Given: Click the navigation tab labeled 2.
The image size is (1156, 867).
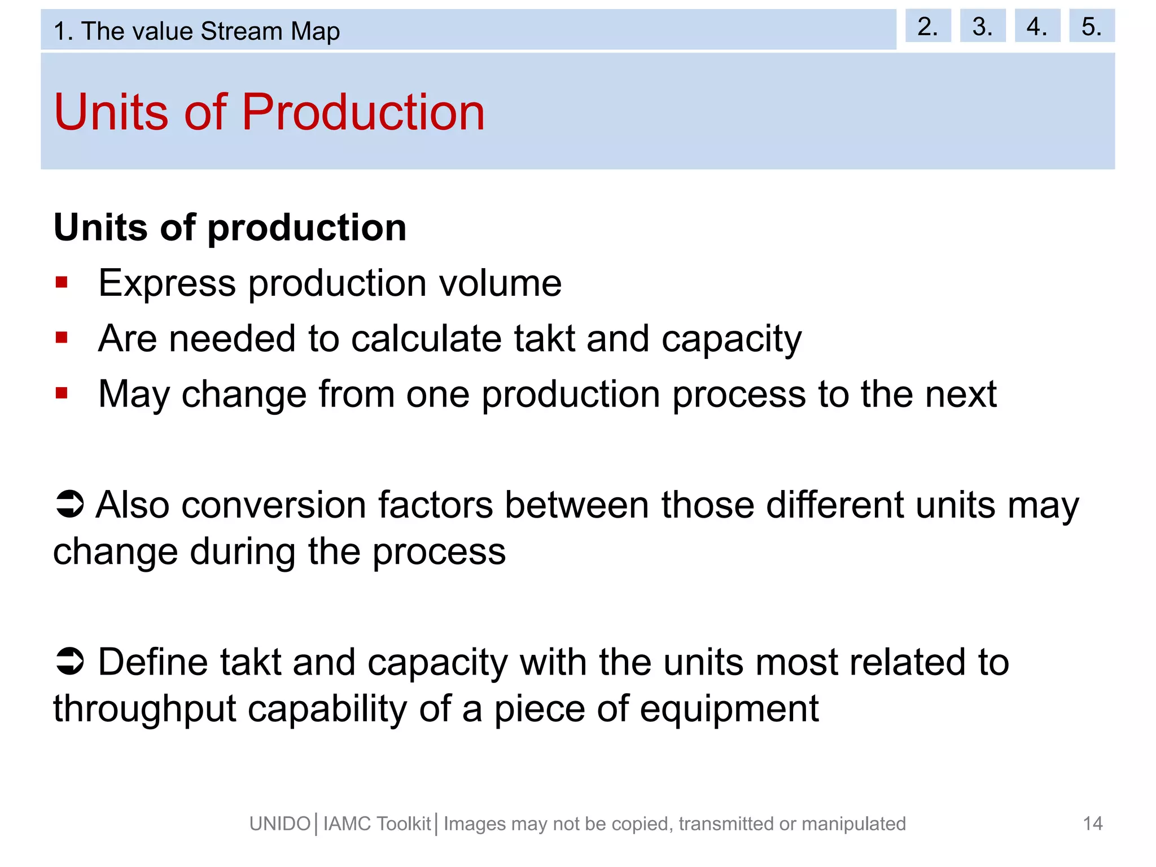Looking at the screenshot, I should pos(927,26).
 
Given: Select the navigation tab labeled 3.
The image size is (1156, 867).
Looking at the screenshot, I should pos(982,26).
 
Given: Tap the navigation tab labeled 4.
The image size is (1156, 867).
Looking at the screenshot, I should pos(1037,26).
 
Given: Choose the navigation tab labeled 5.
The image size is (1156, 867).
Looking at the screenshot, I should pos(1091,26).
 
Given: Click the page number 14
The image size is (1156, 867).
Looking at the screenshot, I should pos(1092,824).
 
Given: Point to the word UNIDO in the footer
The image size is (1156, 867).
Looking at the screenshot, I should pos(280,824).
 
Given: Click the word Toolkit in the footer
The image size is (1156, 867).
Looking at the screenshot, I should pos(404,824).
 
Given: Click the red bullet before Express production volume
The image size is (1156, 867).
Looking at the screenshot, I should pos(62,282).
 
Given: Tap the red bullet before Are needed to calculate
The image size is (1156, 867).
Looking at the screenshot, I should pos(62,338).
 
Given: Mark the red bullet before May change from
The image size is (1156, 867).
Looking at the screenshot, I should pos(62,393).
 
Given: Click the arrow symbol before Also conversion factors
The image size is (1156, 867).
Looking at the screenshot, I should pos(70,503).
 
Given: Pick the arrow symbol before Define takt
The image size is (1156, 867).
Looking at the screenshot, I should pos(70,661).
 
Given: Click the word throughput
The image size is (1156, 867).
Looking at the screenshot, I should pos(144,710).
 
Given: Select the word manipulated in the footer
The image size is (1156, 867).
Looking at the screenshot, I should pos(853,824).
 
